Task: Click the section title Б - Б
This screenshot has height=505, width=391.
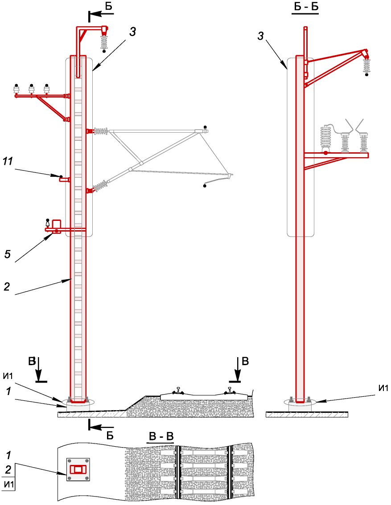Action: [x=305, y=7]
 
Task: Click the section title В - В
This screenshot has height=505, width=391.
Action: [x=161, y=436]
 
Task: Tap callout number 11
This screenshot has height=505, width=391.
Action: [x=8, y=161]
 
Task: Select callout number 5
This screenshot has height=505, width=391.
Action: [x=7, y=254]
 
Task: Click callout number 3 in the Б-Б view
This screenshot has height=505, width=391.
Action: [x=261, y=36]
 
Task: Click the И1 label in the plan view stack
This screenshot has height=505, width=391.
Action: [x=8, y=484]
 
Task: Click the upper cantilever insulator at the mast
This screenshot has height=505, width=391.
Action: [x=101, y=131]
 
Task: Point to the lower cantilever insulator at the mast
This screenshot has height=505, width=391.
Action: [x=101, y=186]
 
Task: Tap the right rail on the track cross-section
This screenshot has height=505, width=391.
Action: [x=230, y=391]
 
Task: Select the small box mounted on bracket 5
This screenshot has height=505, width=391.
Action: [x=57, y=224]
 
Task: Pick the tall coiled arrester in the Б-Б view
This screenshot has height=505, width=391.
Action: [x=326, y=138]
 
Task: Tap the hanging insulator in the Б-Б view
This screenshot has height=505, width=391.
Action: [x=367, y=66]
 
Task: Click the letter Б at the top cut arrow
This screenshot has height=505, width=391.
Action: [x=109, y=6]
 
